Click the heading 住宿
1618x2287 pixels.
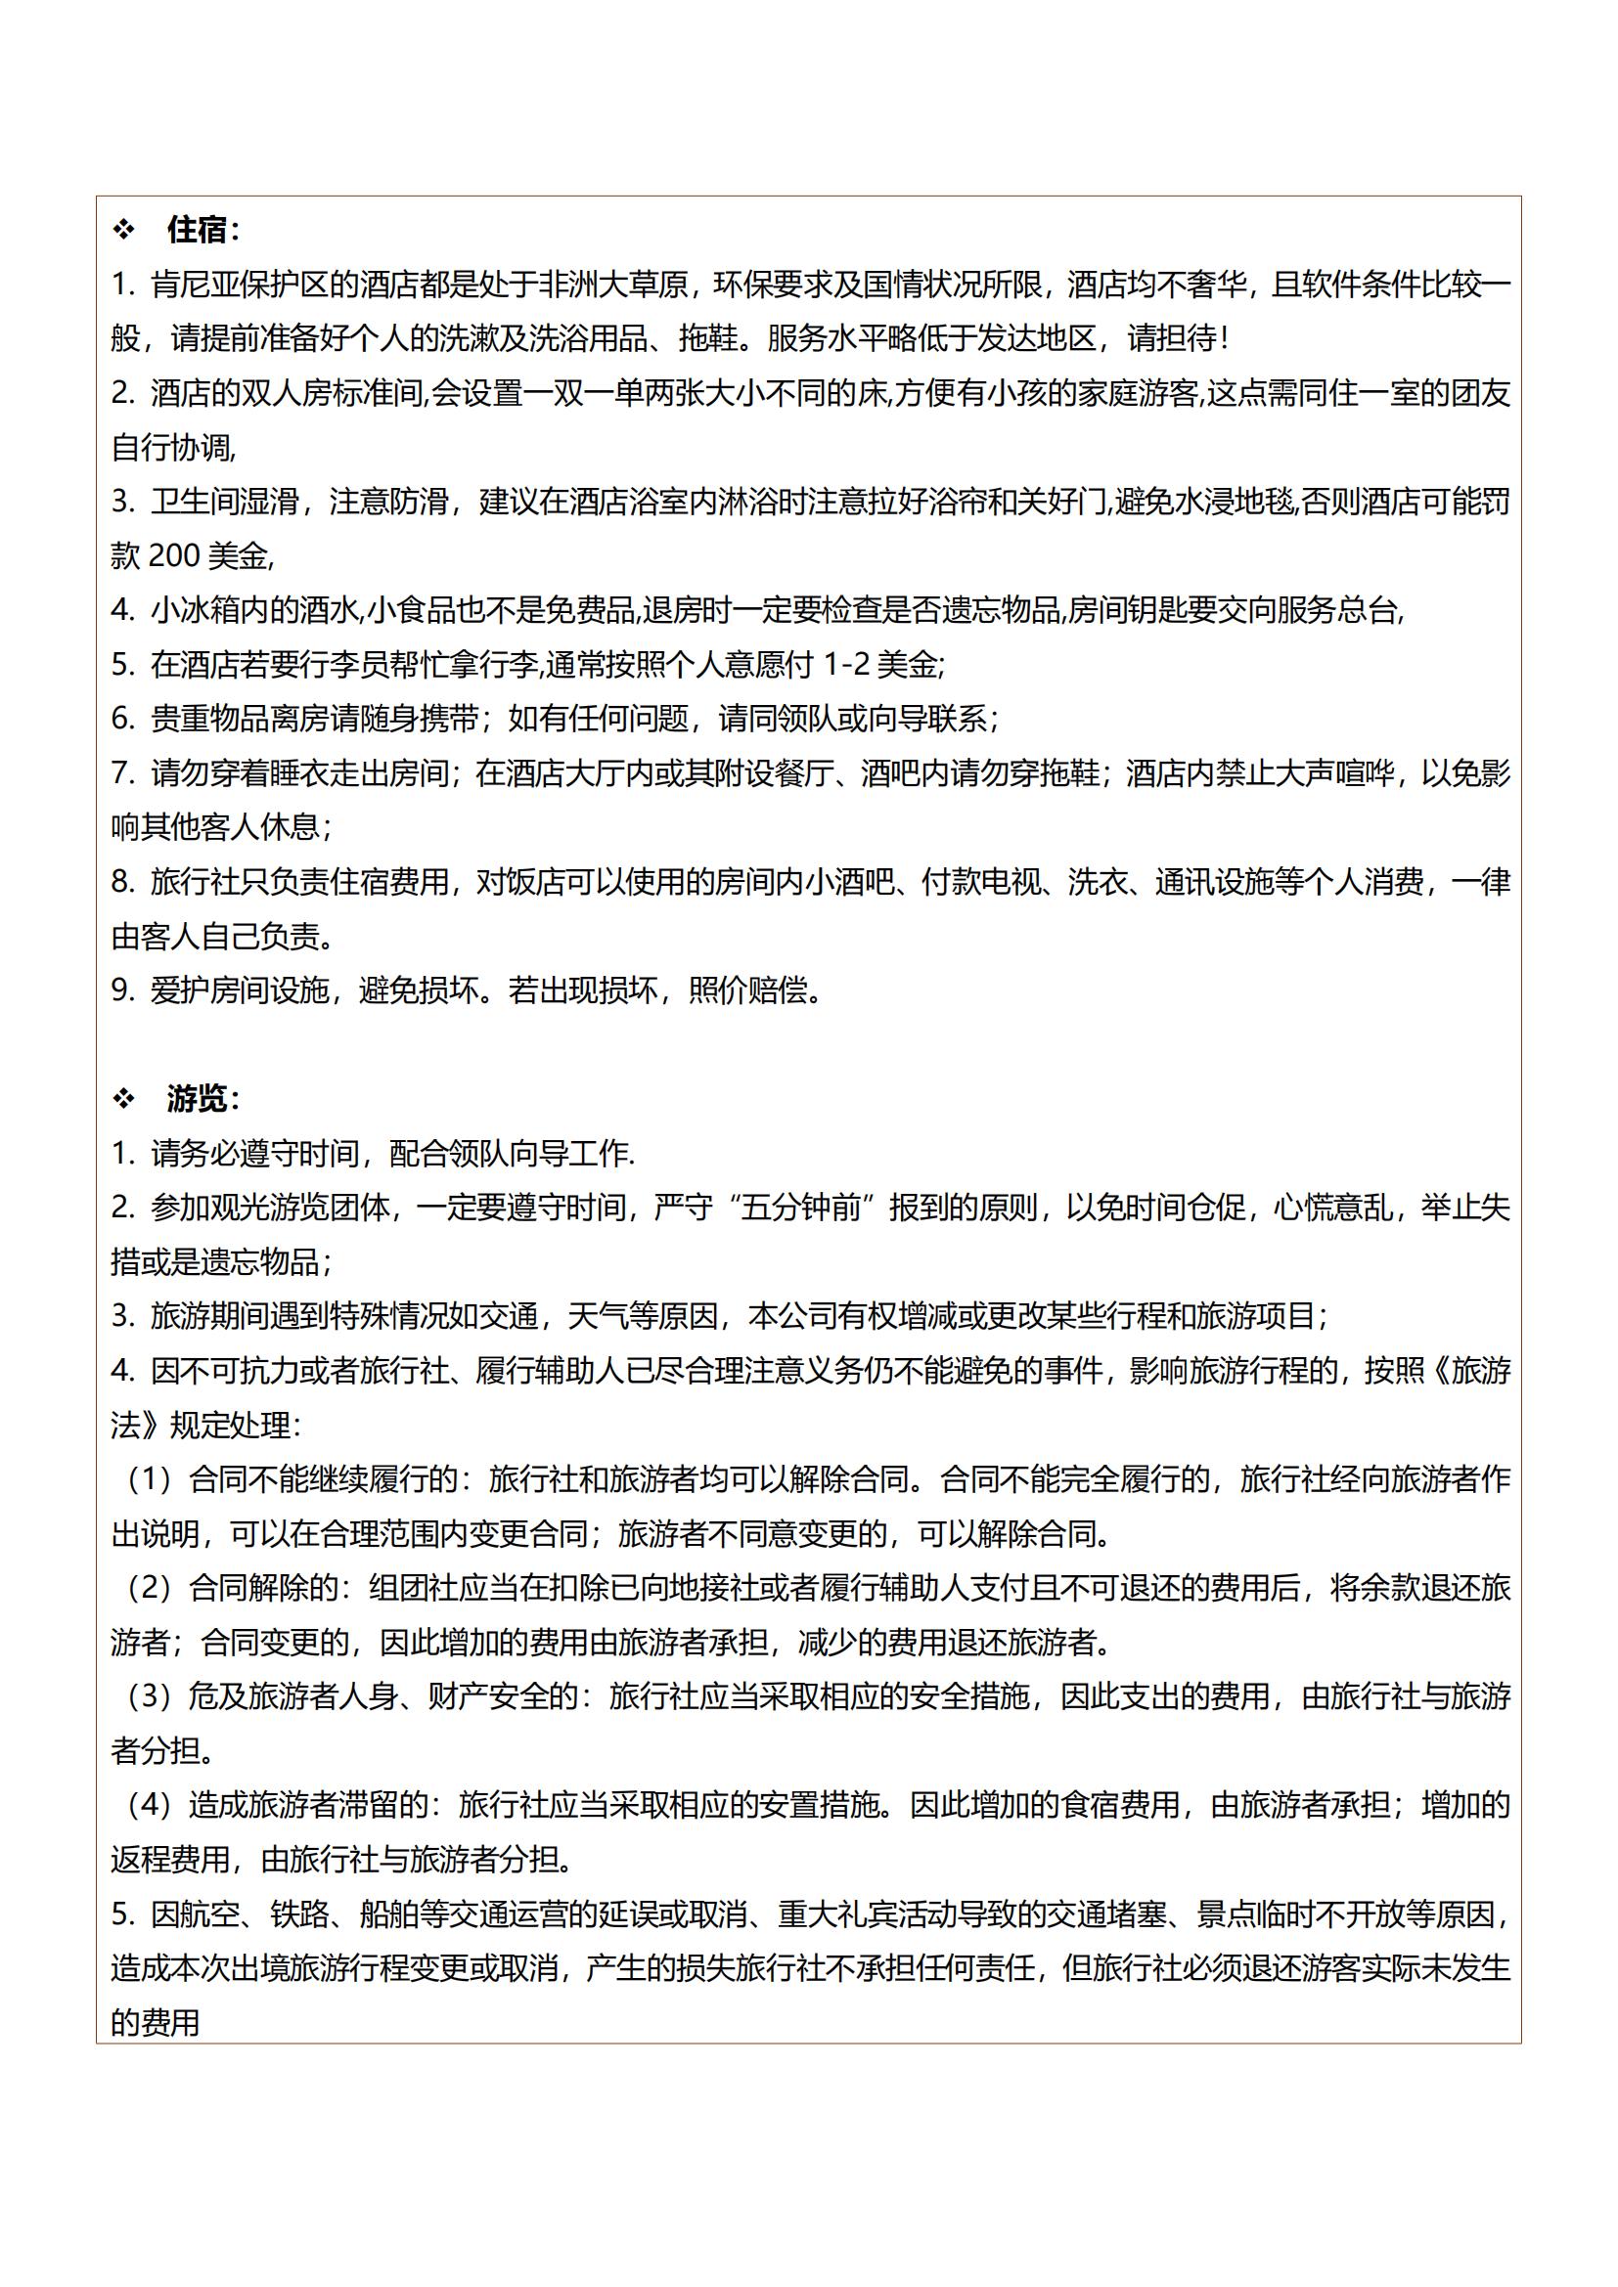(198, 230)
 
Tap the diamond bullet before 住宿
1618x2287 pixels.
(123, 230)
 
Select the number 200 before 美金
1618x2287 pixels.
(174, 555)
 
